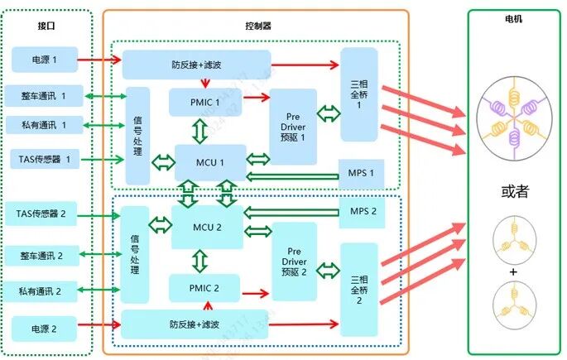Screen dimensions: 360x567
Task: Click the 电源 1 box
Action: point(43,60)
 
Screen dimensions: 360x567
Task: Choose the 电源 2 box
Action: point(43,329)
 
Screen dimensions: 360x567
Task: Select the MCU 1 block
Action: point(210,161)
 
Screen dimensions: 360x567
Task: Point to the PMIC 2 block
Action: point(204,289)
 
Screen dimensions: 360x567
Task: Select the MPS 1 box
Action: point(361,173)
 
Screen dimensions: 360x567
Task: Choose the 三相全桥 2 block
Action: point(358,286)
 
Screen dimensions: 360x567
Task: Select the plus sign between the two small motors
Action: point(513,271)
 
